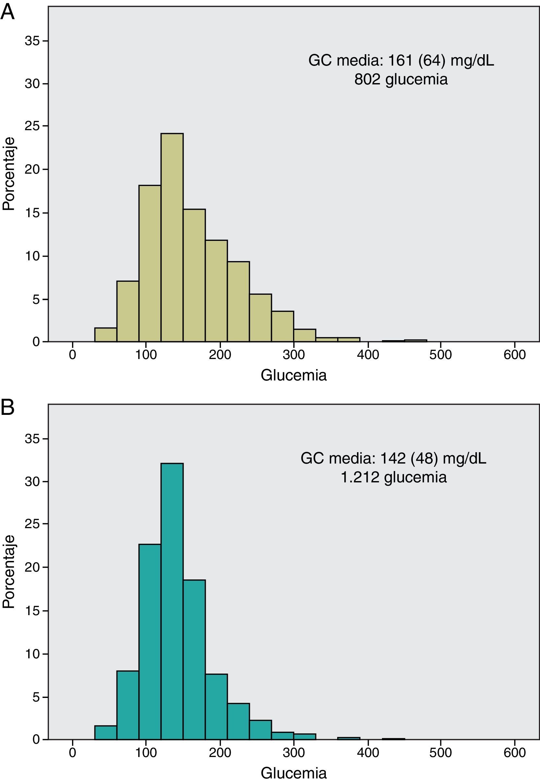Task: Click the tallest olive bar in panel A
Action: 172,237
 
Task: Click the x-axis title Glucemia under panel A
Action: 294,375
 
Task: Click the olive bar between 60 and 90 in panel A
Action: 128,311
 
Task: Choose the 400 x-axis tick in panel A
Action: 367,354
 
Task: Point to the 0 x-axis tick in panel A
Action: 72,354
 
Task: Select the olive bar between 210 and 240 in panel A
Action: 238,301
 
